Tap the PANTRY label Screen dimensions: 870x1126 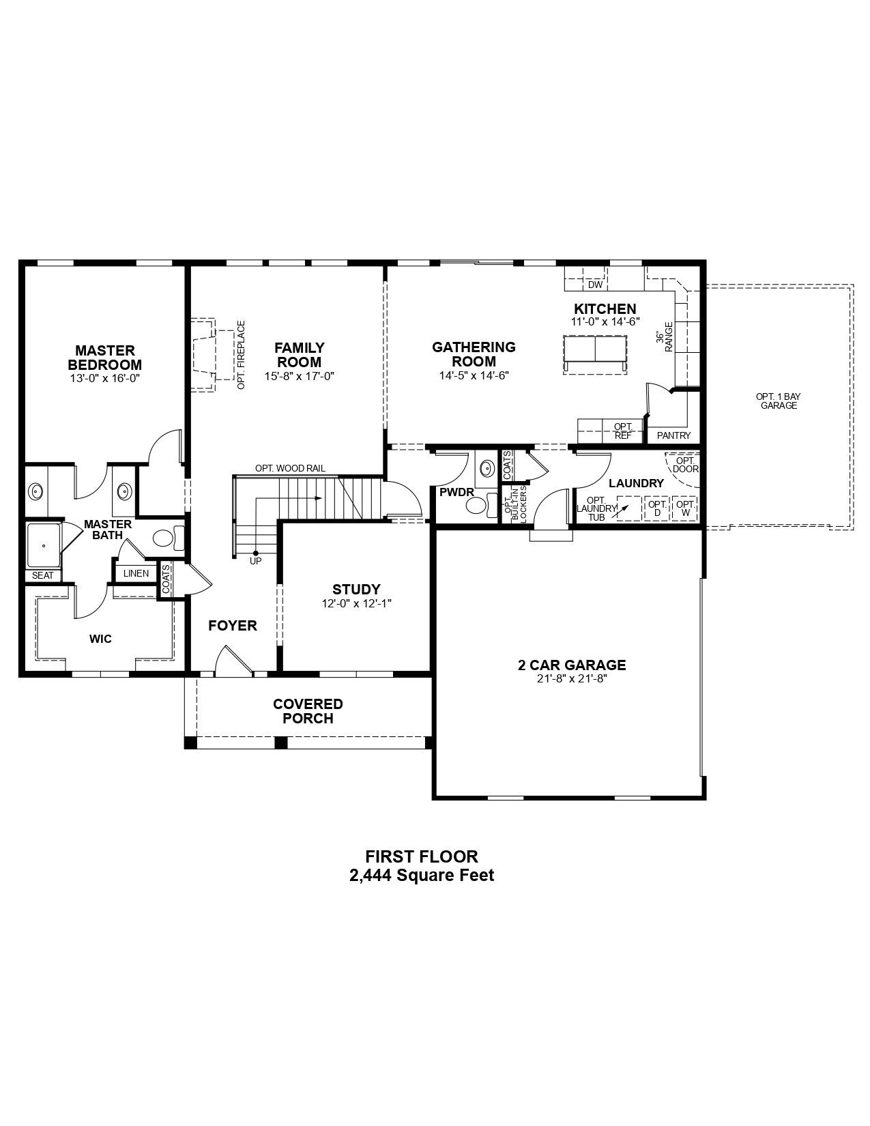coord(673,435)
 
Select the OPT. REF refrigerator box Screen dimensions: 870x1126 coord(623,431)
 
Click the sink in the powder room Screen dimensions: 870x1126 coord(487,468)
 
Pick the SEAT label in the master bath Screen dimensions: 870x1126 coord(42,575)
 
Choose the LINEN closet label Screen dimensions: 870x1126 coord(136,573)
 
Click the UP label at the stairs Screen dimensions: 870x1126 coord(255,561)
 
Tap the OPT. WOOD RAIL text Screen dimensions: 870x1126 coord(290,468)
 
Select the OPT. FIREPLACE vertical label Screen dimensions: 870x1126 coord(241,355)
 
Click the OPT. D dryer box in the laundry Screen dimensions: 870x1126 coord(657,508)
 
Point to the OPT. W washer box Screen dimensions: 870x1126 coord(685,508)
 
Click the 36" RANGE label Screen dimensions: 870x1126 coord(665,337)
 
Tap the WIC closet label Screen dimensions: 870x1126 coord(100,639)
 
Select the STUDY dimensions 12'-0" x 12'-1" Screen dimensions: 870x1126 coord(356,603)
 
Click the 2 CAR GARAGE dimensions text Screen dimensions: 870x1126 coord(572,679)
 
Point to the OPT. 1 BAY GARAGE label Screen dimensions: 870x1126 coord(779,401)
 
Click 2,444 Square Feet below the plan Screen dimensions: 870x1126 coord(422,875)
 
